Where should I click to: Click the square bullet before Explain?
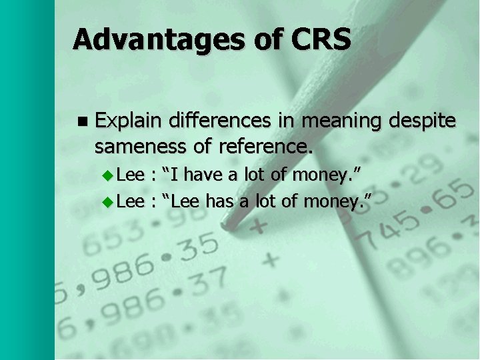[82, 122]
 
